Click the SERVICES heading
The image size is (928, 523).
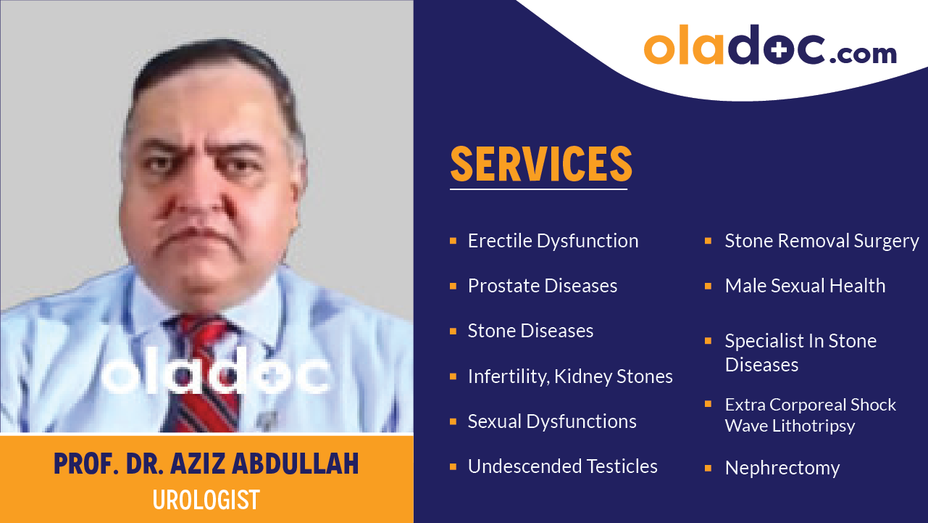click(x=541, y=165)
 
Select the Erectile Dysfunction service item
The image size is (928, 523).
click(x=553, y=241)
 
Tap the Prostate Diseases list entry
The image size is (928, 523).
click(x=542, y=286)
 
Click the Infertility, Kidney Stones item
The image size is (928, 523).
click(x=569, y=376)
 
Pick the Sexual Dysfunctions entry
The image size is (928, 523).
click(x=551, y=421)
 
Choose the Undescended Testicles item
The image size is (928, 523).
click(x=562, y=466)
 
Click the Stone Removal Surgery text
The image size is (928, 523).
click(x=822, y=241)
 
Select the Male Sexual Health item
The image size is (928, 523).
click(x=805, y=286)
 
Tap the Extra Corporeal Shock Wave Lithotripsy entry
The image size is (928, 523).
click(x=810, y=415)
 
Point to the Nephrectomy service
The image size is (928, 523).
click(x=782, y=468)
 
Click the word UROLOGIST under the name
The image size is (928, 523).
click(x=206, y=500)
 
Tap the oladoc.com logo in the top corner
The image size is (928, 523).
click(x=770, y=46)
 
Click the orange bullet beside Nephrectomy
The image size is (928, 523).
click(x=708, y=468)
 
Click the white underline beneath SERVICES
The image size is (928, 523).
click(x=538, y=189)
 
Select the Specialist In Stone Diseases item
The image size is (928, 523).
click(x=800, y=353)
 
